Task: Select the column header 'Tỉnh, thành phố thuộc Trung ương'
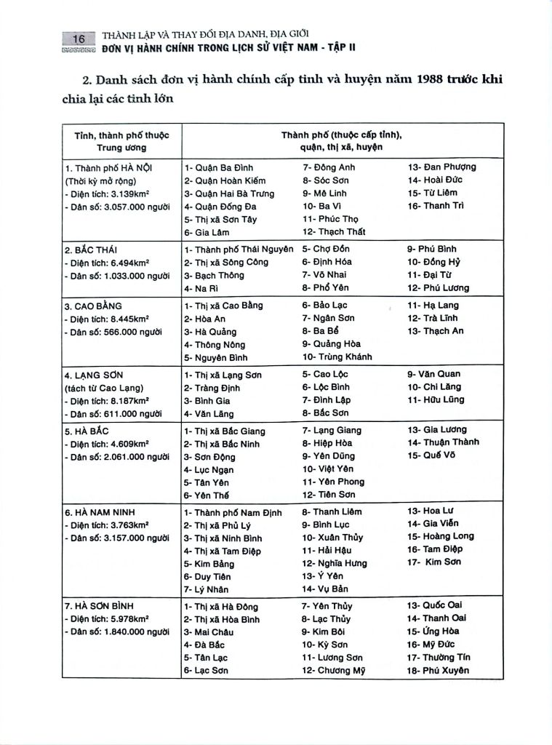(121, 141)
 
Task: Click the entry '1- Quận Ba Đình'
(218, 168)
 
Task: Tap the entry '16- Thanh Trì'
(436, 206)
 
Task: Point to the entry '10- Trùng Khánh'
(337, 356)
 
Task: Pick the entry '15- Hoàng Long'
(440, 536)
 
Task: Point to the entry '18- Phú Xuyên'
(438, 670)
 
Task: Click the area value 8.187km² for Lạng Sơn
(128, 400)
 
